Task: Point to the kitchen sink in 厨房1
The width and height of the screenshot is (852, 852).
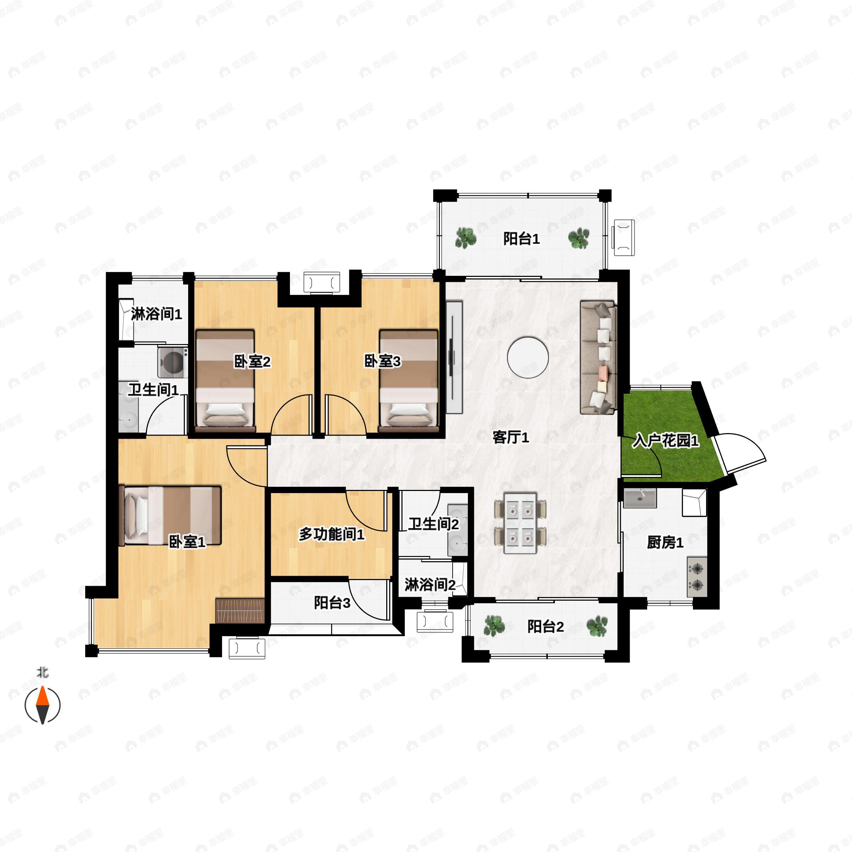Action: click(x=640, y=498)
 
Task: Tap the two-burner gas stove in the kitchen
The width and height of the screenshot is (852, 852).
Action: click(x=697, y=577)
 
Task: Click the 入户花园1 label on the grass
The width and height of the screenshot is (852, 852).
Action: click(x=666, y=441)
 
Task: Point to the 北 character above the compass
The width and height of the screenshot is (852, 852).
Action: click(x=42, y=672)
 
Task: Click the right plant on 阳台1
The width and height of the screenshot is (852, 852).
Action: click(x=578, y=238)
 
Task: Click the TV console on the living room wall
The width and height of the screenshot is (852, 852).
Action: click(x=454, y=357)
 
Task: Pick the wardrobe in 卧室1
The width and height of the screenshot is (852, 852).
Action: click(x=240, y=611)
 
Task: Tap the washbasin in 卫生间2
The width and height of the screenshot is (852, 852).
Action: click(x=458, y=530)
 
